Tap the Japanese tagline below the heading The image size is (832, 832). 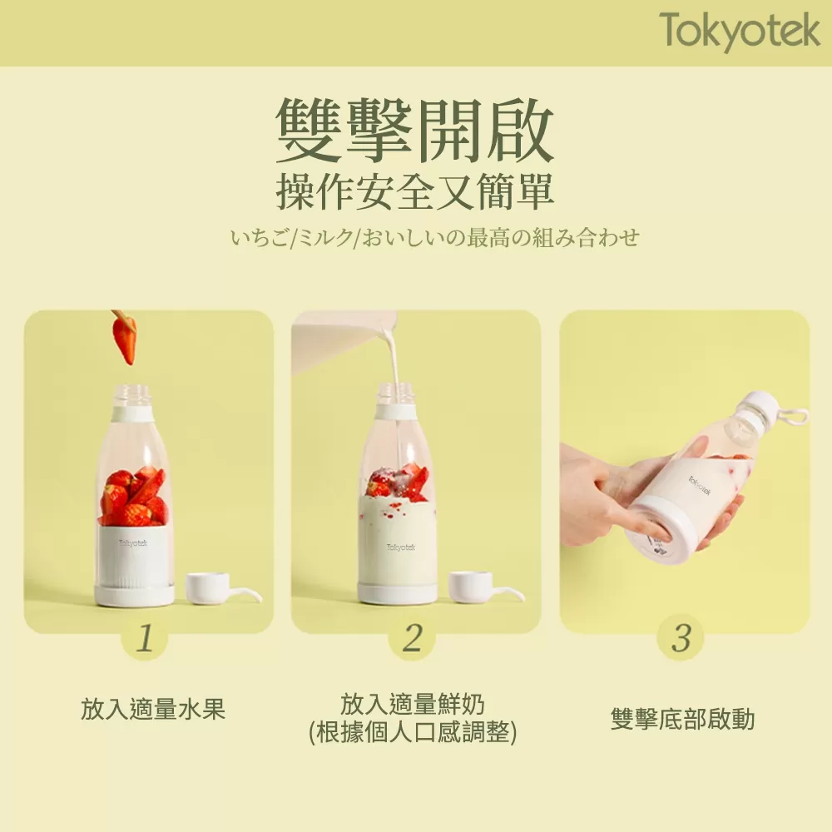pyautogui.click(x=435, y=238)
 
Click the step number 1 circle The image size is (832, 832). pyautogui.click(x=145, y=639)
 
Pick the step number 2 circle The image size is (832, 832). pyautogui.click(x=413, y=639)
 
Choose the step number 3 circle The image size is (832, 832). pyautogui.click(x=681, y=639)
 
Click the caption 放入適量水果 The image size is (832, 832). pyautogui.click(x=153, y=709)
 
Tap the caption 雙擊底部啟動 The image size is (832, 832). pyautogui.click(x=682, y=719)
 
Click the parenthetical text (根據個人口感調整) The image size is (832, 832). pyautogui.click(x=413, y=733)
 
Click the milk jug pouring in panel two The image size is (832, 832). pyautogui.click(x=341, y=337)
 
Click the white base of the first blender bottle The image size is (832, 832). pyautogui.click(x=134, y=595)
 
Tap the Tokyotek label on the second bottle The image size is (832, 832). pyautogui.click(x=401, y=547)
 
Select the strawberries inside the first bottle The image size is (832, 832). pyautogui.click(x=134, y=498)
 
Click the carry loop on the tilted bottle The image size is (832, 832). pyautogui.click(x=796, y=416)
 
